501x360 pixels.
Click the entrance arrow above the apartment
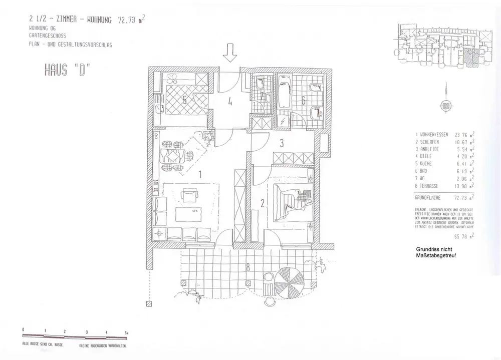pos(230,52)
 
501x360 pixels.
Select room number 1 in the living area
pos(200,175)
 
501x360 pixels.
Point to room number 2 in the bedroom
pos(262,203)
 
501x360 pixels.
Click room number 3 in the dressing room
pos(282,143)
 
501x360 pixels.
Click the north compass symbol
pos(445,105)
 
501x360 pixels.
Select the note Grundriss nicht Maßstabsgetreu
pos(435,253)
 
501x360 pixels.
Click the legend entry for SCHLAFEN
pos(429,142)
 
